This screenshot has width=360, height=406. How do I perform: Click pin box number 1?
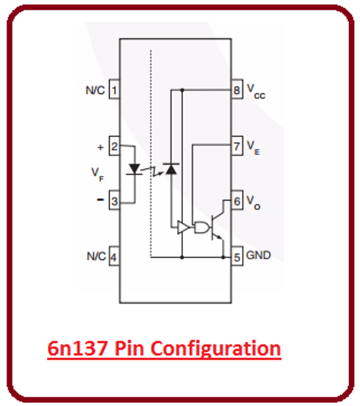114,90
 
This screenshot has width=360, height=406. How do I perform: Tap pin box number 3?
114,202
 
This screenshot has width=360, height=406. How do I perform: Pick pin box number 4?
114,257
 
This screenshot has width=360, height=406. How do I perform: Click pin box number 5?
237,257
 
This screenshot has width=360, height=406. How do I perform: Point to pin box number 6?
237,202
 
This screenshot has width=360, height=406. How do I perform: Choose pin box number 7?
237,146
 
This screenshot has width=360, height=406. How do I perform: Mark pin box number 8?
237,90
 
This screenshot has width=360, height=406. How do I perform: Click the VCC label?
256,90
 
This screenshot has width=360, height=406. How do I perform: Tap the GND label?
258,256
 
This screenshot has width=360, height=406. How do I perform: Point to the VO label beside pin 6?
253,203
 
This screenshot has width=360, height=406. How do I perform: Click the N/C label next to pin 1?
95,90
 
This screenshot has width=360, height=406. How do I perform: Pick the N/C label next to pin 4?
96,257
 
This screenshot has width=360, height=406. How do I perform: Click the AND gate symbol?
202,228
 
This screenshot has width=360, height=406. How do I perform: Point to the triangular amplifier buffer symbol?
182,228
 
